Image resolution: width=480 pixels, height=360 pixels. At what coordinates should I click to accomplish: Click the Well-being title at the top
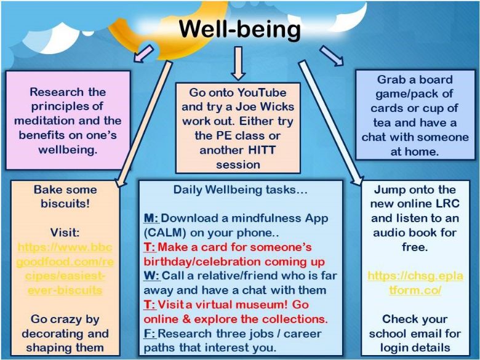[x=240, y=30]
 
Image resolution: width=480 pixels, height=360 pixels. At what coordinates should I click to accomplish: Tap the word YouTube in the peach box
[x=262, y=92]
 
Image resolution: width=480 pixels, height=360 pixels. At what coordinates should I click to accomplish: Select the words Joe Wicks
[x=265, y=106]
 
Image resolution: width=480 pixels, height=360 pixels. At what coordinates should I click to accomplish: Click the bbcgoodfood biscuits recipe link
[x=65, y=268]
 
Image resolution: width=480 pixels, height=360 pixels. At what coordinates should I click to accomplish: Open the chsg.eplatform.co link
[x=415, y=282]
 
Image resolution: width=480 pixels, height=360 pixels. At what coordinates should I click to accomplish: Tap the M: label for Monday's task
[x=151, y=218]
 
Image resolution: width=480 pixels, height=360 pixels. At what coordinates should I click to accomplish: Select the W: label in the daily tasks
[x=151, y=276]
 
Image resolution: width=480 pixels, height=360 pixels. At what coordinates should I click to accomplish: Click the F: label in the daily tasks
[x=150, y=334]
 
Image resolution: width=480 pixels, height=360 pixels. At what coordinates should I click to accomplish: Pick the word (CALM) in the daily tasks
[x=165, y=233]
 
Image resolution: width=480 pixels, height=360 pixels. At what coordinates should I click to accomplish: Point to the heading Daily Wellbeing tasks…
[x=240, y=190]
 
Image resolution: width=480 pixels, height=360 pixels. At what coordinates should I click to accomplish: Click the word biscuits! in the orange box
[x=65, y=204]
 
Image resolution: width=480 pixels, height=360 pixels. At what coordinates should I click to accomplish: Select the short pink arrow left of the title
[x=143, y=54]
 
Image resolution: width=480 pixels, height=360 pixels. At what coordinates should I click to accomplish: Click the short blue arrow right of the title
[x=332, y=56]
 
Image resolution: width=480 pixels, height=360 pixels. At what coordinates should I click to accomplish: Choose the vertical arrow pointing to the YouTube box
[x=238, y=63]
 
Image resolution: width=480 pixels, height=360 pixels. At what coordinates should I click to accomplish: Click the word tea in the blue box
[x=382, y=122]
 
